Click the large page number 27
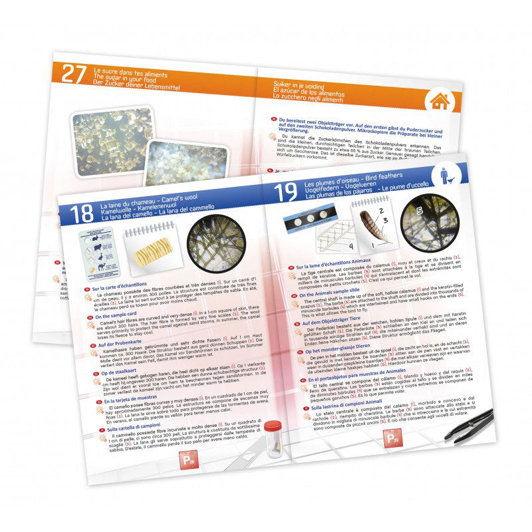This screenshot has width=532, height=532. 74,74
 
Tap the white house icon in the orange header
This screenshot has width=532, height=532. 439,101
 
